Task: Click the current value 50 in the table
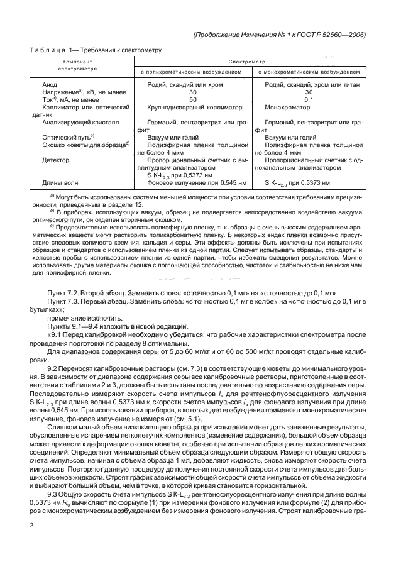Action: pyautogui.click(x=193, y=99)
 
